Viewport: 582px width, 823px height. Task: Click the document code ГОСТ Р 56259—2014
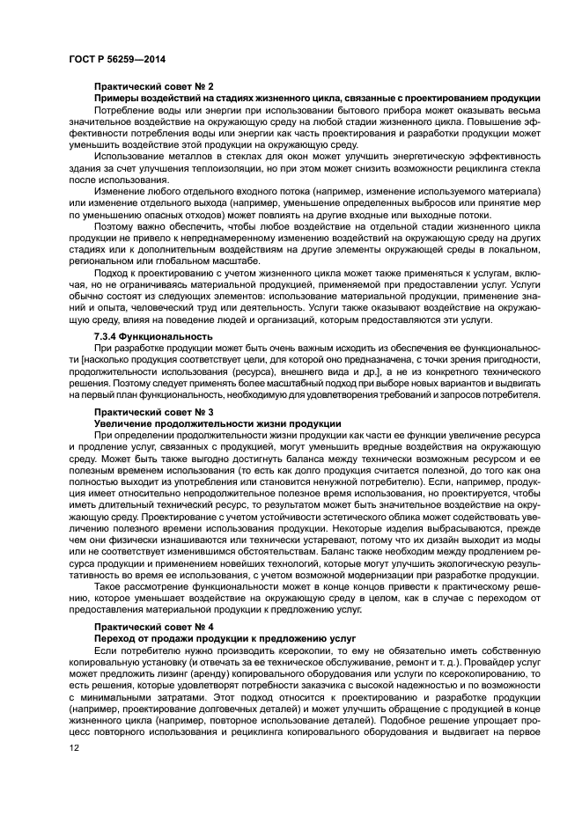tap(116, 59)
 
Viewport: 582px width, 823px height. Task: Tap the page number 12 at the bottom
tap(73, 748)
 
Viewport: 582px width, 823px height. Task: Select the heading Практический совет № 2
tap(154, 85)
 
